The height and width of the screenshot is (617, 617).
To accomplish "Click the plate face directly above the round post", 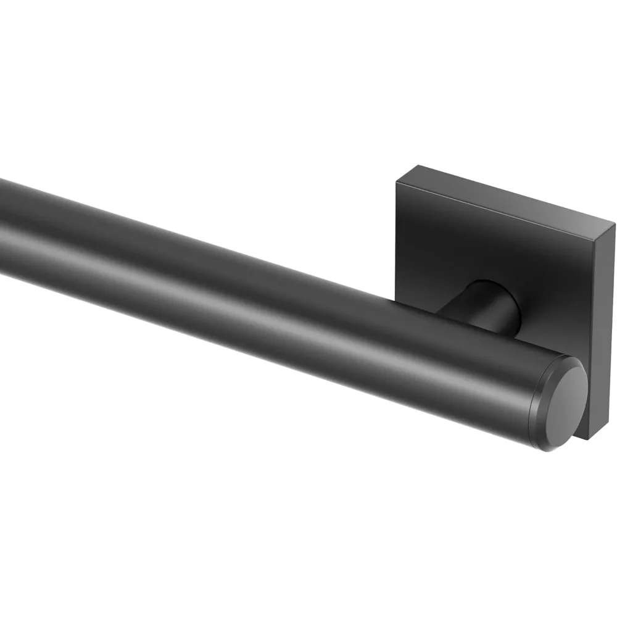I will tap(487, 247).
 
